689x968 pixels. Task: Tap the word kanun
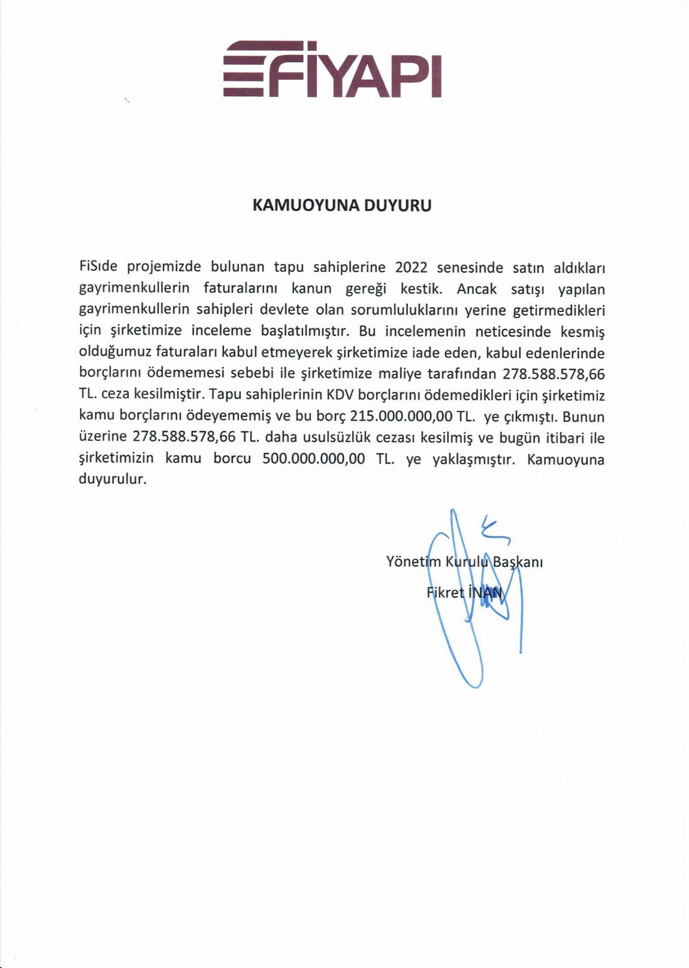[x=312, y=288]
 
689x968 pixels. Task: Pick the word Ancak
[x=477, y=288]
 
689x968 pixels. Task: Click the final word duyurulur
[x=113, y=480]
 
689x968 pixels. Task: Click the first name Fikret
[x=445, y=593]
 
